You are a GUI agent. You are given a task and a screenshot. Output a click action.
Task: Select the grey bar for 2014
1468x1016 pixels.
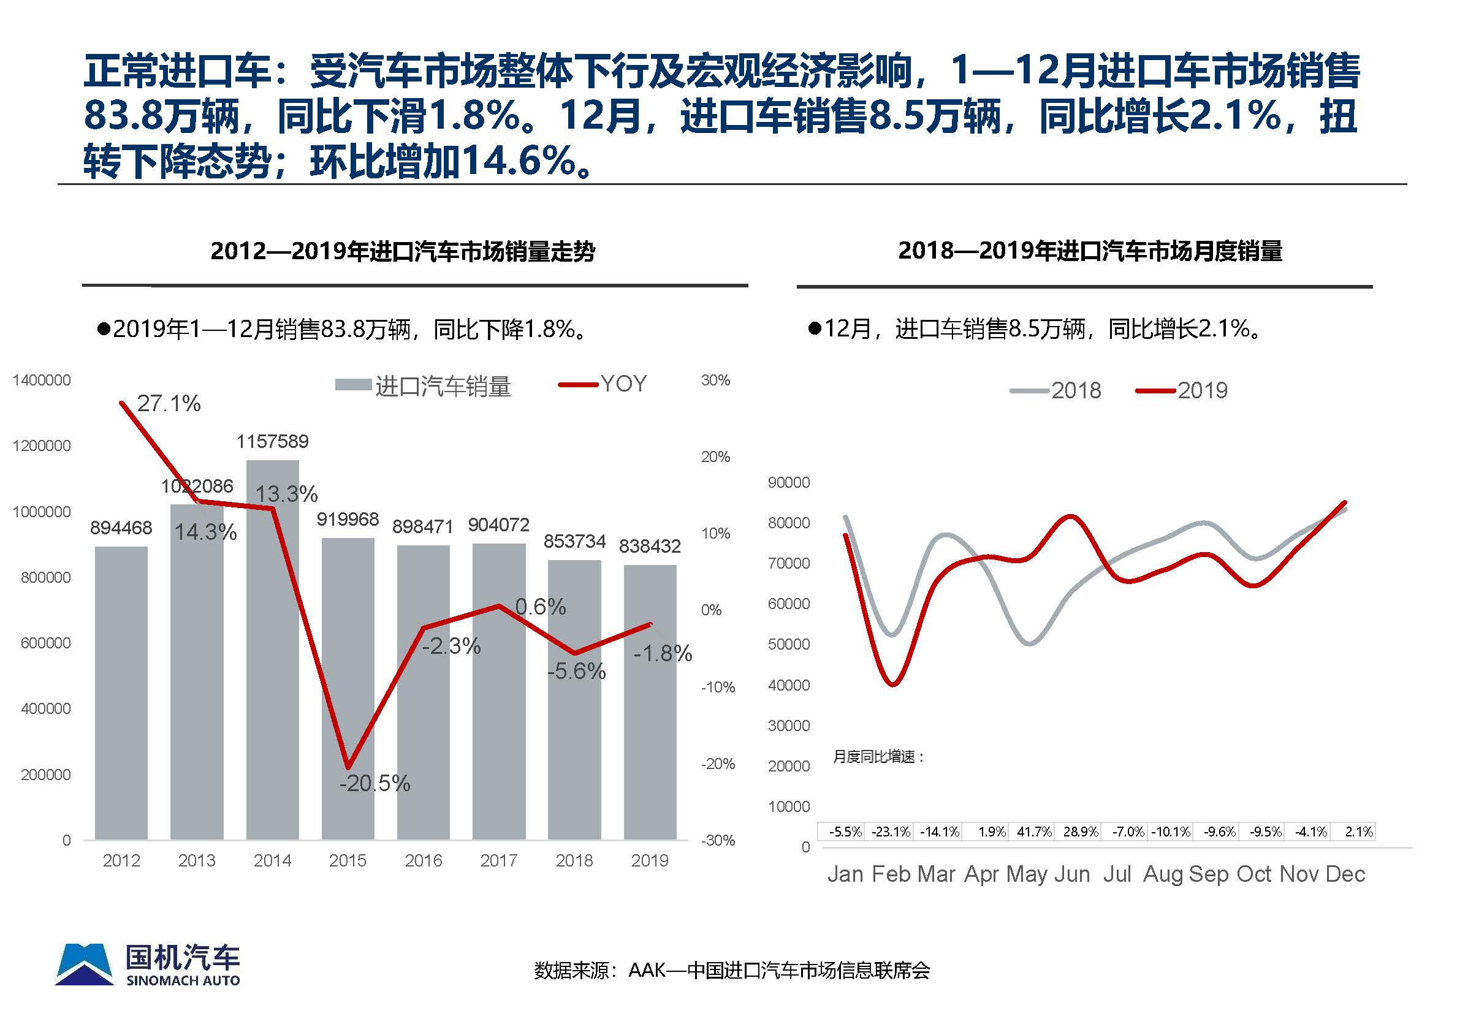(x=273, y=669)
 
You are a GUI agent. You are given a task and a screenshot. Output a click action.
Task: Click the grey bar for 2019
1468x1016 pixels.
(x=649, y=713)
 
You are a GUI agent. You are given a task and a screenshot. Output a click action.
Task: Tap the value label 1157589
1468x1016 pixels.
(x=273, y=441)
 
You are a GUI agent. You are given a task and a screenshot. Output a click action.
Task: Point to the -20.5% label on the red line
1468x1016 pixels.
(x=375, y=783)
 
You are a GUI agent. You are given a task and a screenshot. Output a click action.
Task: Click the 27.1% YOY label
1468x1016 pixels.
(x=169, y=403)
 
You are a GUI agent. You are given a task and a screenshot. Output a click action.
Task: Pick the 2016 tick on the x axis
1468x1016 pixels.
(x=424, y=861)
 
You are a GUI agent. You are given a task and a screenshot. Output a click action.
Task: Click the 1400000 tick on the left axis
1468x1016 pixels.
(x=42, y=381)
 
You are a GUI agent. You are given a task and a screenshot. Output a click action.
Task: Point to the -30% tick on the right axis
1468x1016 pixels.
(x=717, y=840)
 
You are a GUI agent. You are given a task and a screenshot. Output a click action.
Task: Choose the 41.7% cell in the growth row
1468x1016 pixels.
(x=1034, y=832)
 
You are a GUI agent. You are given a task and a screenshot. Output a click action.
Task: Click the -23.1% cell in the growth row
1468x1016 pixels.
(x=891, y=832)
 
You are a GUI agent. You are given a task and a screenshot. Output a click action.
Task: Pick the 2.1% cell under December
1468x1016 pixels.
(x=1358, y=832)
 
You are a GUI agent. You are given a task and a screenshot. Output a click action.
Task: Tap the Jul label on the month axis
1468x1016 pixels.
(x=1117, y=874)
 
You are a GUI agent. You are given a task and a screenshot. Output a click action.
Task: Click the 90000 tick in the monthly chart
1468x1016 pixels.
(x=789, y=482)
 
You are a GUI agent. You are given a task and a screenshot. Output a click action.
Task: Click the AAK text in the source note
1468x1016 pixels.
(x=647, y=970)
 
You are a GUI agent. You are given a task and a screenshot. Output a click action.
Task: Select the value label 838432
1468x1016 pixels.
(x=649, y=545)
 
